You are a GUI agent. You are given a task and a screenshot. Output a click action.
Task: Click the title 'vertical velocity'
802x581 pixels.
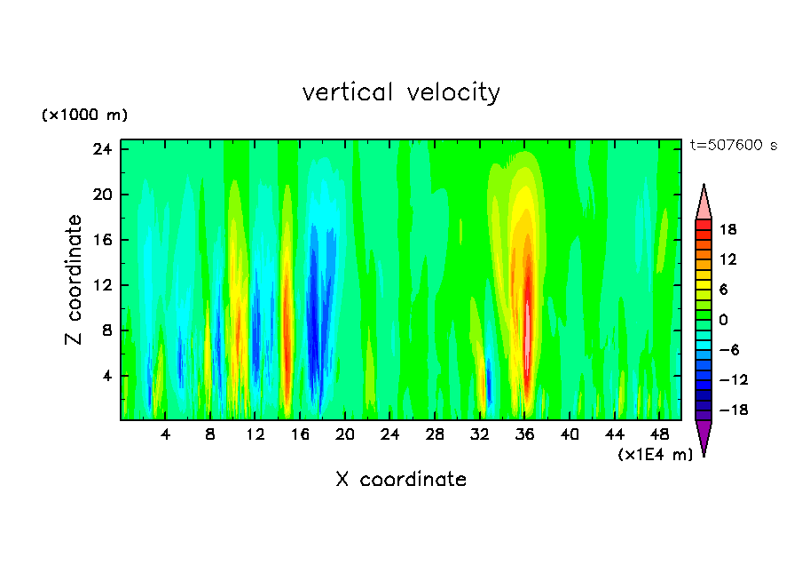pyautogui.click(x=401, y=92)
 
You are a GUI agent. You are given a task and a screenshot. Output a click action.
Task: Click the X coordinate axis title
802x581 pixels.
pyautogui.click(x=401, y=480)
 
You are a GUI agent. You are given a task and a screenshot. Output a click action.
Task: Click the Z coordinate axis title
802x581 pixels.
pyautogui.click(x=75, y=280)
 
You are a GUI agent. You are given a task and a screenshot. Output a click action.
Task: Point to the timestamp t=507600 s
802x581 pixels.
pyautogui.click(x=733, y=145)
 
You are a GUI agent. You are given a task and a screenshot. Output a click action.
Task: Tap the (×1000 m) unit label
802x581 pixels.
pyautogui.click(x=84, y=115)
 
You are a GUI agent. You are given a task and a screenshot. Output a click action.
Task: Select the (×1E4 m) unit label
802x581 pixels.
pyautogui.click(x=656, y=455)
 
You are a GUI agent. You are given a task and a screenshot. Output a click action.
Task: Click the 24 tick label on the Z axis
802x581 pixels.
pyautogui.click(x=101, y=149)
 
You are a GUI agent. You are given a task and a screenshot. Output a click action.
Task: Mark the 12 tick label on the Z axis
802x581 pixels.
pyautogui.click(x=101, y=285)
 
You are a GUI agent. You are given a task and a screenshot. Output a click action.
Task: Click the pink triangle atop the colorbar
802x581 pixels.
pyautogui.click(x=704, y=203)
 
